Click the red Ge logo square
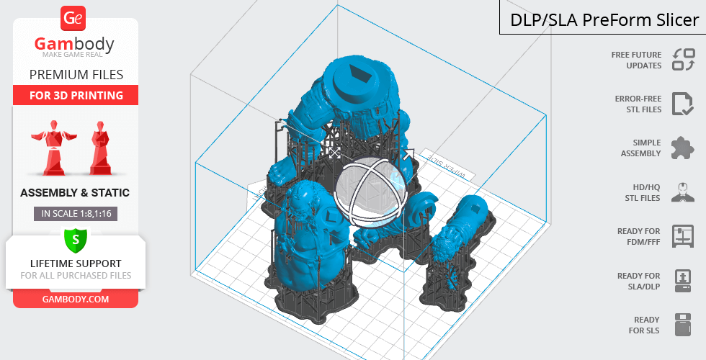coord(73,18)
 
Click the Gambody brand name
coord(74,44)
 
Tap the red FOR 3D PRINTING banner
coord(76,95)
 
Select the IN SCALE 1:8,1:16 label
coord(76,214)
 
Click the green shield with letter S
coord(76,240)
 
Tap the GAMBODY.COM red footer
coord(76,300)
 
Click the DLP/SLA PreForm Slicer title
coord(604,20)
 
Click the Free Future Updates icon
coord(684,59)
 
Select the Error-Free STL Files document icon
coord(683,104)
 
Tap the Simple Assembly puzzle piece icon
coord(683,148)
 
